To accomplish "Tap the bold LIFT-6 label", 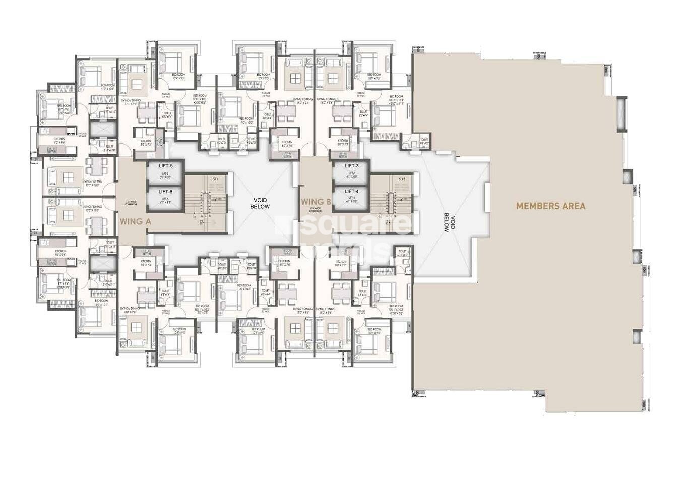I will (x=165, y=192).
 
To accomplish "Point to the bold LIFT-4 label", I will (x=352, y=191).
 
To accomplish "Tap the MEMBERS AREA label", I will (x=550, y=206).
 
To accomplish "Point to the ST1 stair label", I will (x=215, y=179).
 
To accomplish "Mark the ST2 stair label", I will (x=402, y=179).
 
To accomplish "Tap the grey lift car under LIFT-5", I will (x=165, y=176).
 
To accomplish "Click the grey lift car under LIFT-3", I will (x=352, y=176).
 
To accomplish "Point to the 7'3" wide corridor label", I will (x=131, y=203).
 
